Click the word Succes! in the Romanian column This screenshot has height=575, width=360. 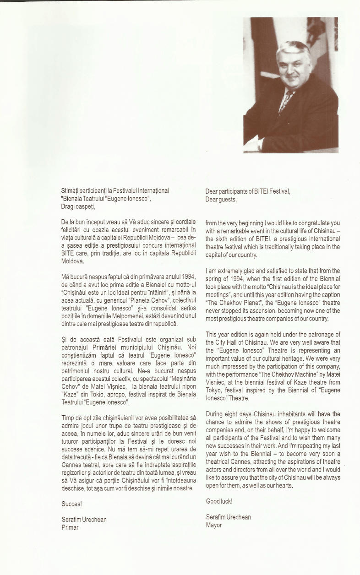click(71, 504)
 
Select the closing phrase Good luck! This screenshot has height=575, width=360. click(219, 501)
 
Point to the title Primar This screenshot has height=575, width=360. click(70, 527)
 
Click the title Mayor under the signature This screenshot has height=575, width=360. click(214, 525)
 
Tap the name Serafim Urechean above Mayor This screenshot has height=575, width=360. click(229, 517)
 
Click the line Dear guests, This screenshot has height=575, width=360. click(221, 199)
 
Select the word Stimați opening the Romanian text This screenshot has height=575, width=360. click(71, 190)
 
